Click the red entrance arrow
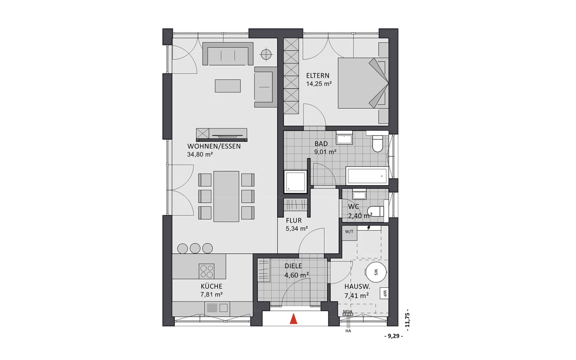tap(293, 319)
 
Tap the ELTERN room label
tap(318, 76)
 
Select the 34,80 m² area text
tap(200, 154)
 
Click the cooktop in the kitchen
tap(207, 271)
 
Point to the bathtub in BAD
tap(367, 176)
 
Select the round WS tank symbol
tap(376, 272)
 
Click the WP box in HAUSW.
tap(384, 293)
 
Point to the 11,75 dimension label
tap(407, 320)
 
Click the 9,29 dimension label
tap(393, 336)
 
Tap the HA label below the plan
tap(348, 331)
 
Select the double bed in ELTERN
tap(363, 83)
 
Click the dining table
tap(226, 197)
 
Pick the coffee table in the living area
tap(228, 86)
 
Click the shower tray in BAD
tap(296, 181)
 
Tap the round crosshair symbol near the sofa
tap(266, 54)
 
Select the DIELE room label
tap(293, 266)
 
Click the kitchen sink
tap(217, 308)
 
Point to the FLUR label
tap(294, 221)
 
